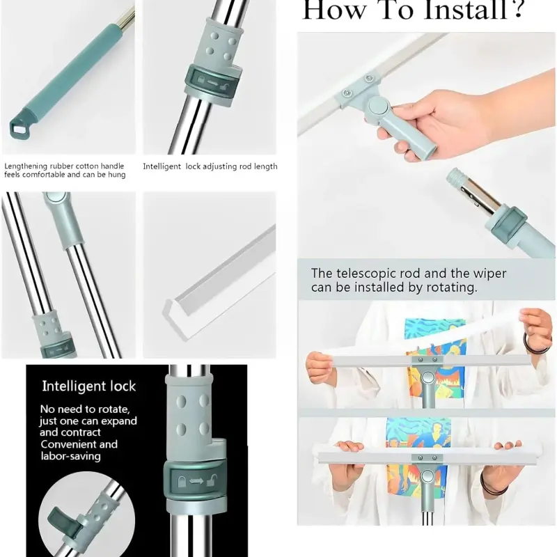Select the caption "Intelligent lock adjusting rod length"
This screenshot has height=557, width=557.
pyautogui.click(x=210, y=166)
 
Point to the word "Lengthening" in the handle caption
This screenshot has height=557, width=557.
pyautogui.click(x=26, y=166)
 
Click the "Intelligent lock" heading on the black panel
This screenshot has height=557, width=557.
pyautogui.click(x=88, y=386)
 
